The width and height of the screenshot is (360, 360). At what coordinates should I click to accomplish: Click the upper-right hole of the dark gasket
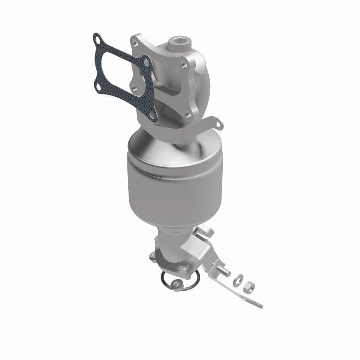point(146,59)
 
